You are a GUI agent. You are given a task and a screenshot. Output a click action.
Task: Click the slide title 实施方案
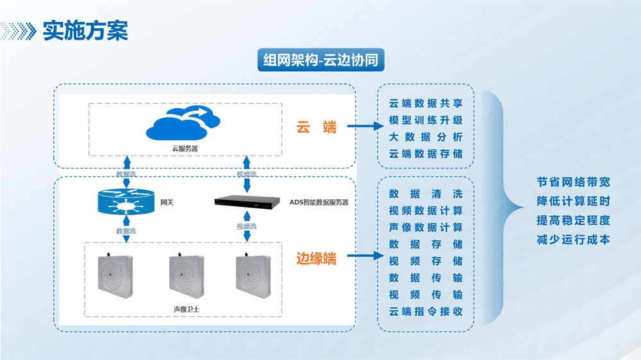click(x=85, y=30)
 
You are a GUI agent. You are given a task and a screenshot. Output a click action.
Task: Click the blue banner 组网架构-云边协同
click(x=320, y=60)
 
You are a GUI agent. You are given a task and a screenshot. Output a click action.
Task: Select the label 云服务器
click(x=185, y=148)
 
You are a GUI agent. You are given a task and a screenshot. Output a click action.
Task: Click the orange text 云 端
click(x=316, y=127)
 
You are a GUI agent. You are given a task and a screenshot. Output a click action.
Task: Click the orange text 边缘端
click(x=316, y=259)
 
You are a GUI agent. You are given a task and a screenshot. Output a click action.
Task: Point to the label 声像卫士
click(x=185, y=306)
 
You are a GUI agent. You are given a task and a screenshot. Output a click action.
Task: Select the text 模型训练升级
click(x=426, y=120)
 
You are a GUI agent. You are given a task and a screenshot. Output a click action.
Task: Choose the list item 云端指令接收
click(x=426, y=312)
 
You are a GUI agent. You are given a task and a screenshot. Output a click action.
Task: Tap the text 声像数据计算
click(x=426, y=227)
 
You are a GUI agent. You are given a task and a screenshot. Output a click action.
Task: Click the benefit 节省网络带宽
click(x=573, y=181)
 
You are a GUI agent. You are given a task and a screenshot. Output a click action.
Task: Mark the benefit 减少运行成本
click(x=573, y=240)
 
